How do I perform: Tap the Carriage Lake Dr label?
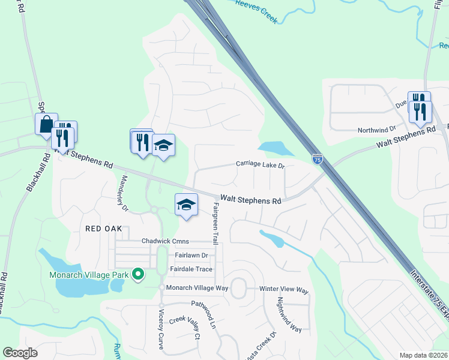point(259,164)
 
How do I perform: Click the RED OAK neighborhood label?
point(104,229)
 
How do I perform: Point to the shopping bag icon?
point(46,124)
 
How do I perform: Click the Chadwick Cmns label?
point(165,241)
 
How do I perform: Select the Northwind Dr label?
point(377,130)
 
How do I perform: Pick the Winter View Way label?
point(284,290)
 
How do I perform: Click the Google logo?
point(20,353)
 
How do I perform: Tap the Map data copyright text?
point(424,355)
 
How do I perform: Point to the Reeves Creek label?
point(256,13)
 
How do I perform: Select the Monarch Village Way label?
point(197,288)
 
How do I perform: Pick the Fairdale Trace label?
point(191,269)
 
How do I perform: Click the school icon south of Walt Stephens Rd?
point(186,205)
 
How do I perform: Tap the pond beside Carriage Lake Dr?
point(272,147)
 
